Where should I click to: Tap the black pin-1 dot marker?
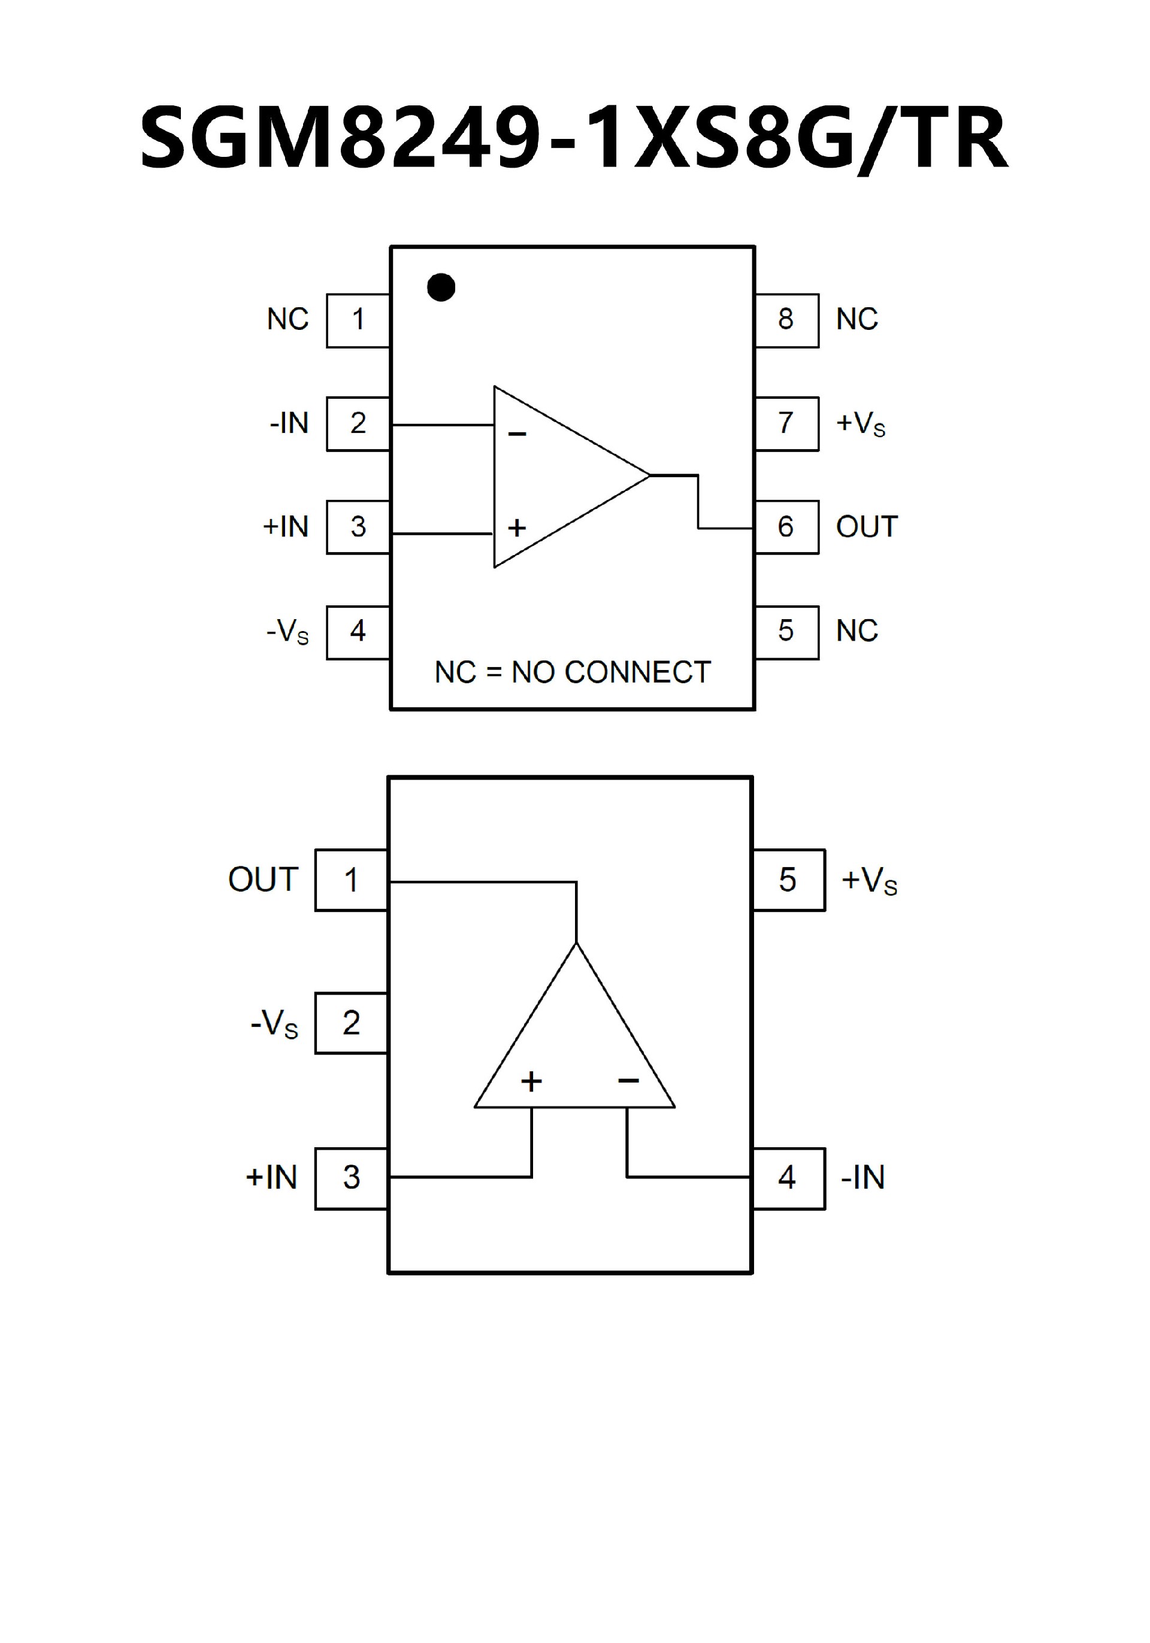(x=441, y=287)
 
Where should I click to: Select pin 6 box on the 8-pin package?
(x=786, y=527)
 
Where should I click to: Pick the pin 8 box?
(x=786, y=320)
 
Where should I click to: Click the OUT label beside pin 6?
(x=867, y=527)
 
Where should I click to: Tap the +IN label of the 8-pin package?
(x=286, y=527)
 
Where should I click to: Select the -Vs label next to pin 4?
(x=287, y=631)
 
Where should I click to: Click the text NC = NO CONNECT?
(x=573, y=672)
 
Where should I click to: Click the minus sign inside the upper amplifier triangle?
(x=517, y=434)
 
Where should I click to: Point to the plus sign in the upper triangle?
(x=517, y=528)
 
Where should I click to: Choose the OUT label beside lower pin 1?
(x=262, y=880)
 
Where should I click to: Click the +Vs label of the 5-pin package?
(x=868, y=880)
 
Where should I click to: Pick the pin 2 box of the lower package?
(x=350, y=1023)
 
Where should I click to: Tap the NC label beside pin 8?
(x=857, y=319)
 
